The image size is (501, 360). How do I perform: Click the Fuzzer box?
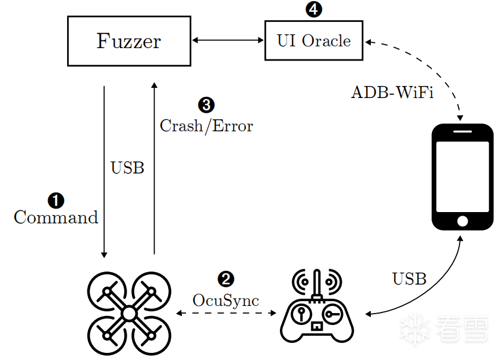click(129, 41)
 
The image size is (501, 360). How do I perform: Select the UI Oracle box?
click(314, 40)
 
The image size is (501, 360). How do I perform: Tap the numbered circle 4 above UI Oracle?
click(314, 10)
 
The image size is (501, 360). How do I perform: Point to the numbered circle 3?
click(206, 105)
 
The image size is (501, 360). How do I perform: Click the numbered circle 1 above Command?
click(56, 201)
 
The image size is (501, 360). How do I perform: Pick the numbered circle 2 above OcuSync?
click(226, 279)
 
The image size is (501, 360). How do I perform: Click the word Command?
click(56, 217)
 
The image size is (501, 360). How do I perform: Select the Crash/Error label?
click(206, 126)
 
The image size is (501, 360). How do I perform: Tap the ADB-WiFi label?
click(392, 93)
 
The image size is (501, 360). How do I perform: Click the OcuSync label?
click(226, 301)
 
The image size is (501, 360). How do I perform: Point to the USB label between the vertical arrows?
click(128, 168)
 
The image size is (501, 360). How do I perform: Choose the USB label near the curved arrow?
click(409, 279)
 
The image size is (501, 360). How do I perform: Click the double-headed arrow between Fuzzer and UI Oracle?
click(228, 40)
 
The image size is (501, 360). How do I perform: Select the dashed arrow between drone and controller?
click(226, 313)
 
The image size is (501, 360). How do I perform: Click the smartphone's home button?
click(462, 221)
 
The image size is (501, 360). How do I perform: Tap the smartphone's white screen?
click(462, 176)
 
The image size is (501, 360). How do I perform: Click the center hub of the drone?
click(129, 313)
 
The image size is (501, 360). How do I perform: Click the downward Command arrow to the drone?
click(104, 172)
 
